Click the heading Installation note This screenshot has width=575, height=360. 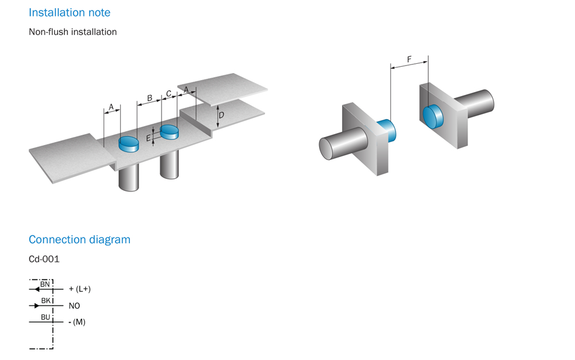70,12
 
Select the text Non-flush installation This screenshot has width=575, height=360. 72,32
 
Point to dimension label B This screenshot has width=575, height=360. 149,98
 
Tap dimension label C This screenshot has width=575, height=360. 168,93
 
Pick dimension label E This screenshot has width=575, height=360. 148,138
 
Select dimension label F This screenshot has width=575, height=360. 409,59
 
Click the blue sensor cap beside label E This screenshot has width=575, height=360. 170,132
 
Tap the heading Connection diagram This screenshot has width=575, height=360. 79,239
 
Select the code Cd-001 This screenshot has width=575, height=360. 44,259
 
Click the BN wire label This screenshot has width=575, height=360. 45,284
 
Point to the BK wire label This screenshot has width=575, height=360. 45,300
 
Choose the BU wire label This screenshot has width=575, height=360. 45,317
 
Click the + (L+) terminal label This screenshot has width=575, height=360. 79,289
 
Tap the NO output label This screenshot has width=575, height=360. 74,306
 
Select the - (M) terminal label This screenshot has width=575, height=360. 76,322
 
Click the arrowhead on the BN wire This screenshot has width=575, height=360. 38,289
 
